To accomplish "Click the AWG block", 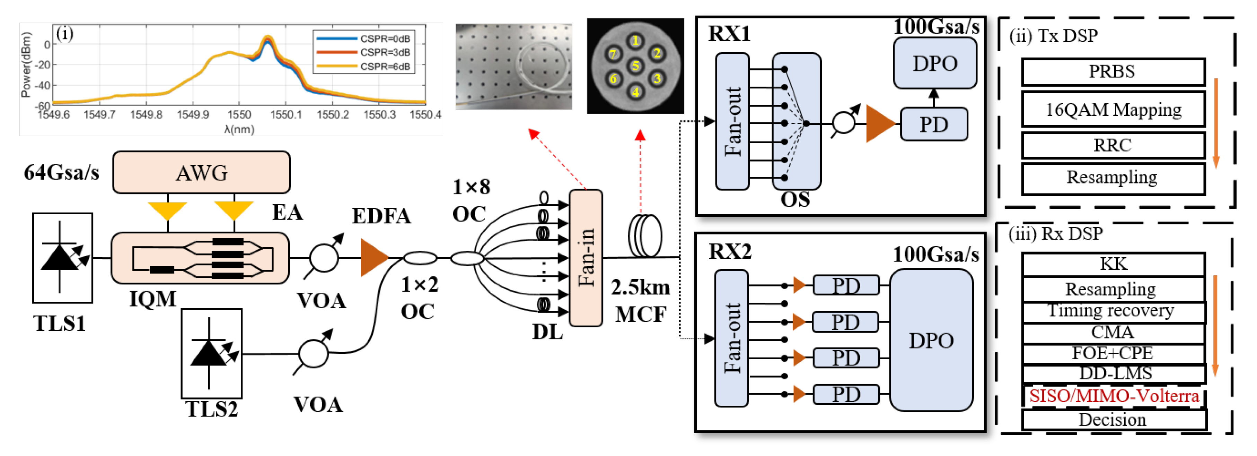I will (201, 173).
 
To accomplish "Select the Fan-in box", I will (586, 258).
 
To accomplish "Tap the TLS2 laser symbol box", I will (211, 353).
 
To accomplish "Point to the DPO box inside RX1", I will (934, 63).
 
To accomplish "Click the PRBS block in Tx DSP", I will (1113, 72).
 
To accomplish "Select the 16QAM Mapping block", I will (1113, 109).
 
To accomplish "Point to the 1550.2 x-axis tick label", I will (333, 115).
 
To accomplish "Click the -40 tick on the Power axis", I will (43, 85).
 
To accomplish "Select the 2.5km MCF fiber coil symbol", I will (644, 236).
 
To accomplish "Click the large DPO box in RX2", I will (931, 340).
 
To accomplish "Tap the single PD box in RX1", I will (933, 124).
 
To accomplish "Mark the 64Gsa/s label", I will (61, 172).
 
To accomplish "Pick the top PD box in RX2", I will (846, 286).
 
